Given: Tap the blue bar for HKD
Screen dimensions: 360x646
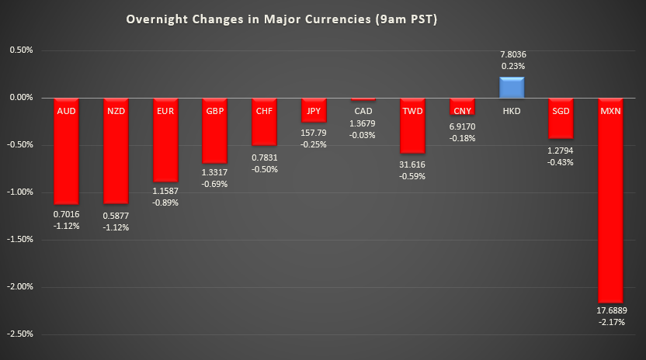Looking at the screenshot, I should (511, 88).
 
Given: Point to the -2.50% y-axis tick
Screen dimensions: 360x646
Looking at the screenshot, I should (20, 334).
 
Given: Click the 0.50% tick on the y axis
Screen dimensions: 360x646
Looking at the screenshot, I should (22, 50).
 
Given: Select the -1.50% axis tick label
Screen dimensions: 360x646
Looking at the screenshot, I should (20, 239).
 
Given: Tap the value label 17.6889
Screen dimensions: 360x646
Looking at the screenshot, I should (611, 310).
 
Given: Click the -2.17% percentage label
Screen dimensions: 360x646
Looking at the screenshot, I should (611, 322).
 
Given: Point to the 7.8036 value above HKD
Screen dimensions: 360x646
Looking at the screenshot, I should (512, 54).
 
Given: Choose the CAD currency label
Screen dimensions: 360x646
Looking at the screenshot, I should (363, 111).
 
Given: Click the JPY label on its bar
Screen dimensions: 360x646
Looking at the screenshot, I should (313, 111).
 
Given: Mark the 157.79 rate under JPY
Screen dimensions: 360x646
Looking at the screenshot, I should (313, 133).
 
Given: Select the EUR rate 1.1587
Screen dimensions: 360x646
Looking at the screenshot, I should (165, 190).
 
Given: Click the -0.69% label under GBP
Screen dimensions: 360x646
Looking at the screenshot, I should (214, 184).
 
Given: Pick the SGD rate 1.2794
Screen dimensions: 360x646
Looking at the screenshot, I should (561, 150).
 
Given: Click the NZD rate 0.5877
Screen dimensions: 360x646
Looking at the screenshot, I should (116, 215).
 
